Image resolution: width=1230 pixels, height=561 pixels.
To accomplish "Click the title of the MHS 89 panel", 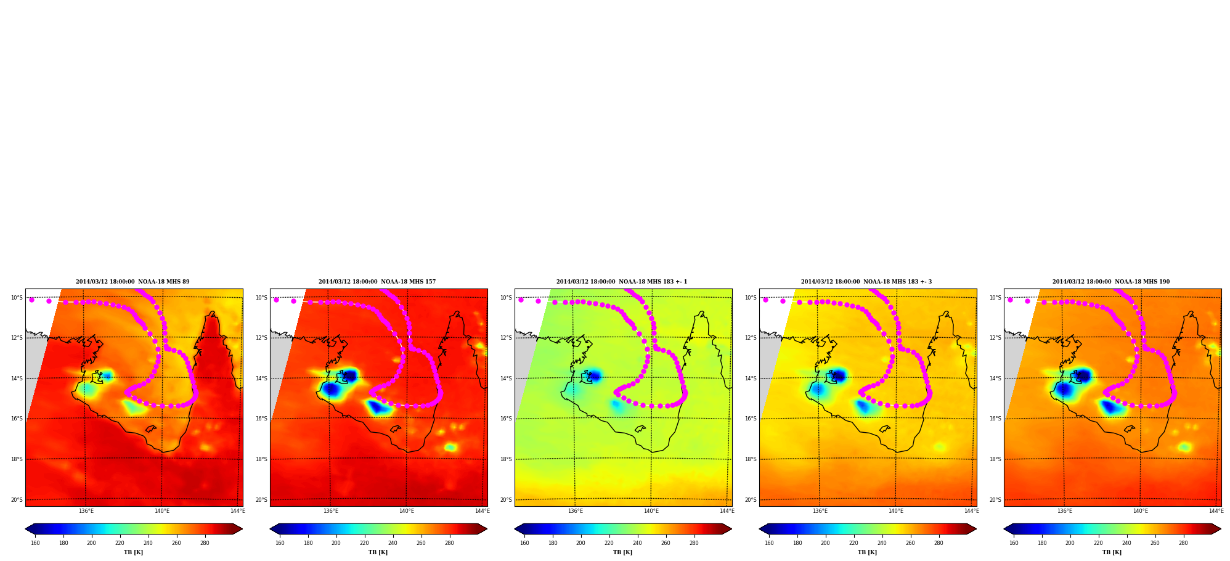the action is (132, 282).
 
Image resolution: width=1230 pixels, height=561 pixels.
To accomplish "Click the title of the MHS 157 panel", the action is (377, 282).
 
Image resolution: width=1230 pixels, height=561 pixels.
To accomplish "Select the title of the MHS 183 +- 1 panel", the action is (622, 282).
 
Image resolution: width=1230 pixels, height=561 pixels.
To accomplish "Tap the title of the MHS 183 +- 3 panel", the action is (866, 282).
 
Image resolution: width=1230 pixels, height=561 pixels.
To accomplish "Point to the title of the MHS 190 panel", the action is (1111, 282).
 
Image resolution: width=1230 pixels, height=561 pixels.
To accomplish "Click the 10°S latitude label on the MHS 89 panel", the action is (17, 298).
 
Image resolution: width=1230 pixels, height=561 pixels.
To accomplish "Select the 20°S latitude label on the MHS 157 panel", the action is (261, 500).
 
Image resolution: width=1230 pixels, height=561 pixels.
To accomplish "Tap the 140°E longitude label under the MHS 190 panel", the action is (1141, 511).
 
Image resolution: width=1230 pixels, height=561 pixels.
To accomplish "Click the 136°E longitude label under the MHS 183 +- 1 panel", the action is (576, 511).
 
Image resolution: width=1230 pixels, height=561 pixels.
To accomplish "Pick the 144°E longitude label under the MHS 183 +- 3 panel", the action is (972, 511).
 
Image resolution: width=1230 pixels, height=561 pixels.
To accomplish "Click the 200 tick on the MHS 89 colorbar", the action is (91, 543).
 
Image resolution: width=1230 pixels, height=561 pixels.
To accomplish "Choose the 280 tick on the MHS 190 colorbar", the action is (1183, 543).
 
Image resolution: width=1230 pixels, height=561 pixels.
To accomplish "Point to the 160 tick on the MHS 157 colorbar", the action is (280, 543).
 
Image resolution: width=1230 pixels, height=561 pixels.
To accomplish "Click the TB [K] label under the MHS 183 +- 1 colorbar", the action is (622, 552).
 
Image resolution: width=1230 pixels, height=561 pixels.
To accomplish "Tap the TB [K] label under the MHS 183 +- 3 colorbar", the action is (867, 552).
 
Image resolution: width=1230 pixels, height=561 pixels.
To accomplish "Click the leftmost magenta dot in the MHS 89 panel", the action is (31, 300).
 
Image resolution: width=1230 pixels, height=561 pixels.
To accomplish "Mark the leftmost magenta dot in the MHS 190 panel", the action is (1010, 300).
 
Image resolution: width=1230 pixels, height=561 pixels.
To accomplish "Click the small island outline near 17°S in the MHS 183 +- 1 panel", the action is (640, 428).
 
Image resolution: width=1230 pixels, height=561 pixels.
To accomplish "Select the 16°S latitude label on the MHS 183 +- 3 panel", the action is (751, 419).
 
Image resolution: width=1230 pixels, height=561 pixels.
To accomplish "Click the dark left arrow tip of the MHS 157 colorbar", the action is (271, 529).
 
